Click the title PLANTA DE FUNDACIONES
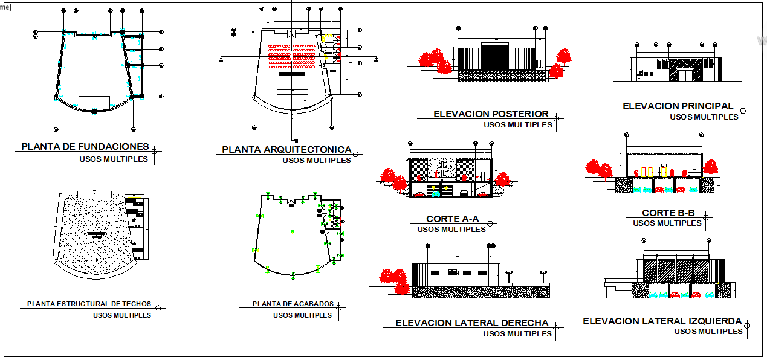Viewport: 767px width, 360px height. [x=85, y=147]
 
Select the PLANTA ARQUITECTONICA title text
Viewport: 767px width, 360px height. [x=286, y=149]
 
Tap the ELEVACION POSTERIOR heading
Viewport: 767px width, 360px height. [x=491, y=114]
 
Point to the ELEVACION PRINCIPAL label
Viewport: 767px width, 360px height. [x=678, y=106]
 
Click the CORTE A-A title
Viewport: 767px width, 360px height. [x=452, y=219]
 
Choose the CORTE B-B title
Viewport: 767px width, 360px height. [x=668, y=213]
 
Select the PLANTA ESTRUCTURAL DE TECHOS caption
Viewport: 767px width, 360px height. [x=89, y=304]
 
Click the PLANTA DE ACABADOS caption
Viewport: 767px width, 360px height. [x=293, y=304]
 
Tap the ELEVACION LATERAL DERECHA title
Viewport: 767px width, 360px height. [x=472, y=323]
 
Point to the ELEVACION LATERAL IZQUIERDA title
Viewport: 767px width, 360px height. [x=662, y=321]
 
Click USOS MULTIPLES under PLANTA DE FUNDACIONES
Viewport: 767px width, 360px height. [x=113, y=159]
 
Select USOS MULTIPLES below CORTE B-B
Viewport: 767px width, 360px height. [x=667, y=223]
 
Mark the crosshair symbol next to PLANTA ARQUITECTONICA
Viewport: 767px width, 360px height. [x=356, y=155]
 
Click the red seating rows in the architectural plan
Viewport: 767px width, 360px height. [x=292, y=54]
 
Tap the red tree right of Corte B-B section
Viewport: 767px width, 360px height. [x=710, y=167]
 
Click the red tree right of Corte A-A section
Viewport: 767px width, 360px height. [x=502, y=179]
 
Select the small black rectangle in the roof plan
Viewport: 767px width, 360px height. [x=96, y=233]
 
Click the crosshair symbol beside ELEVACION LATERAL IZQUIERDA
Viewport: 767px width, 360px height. [x=749, y=326]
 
